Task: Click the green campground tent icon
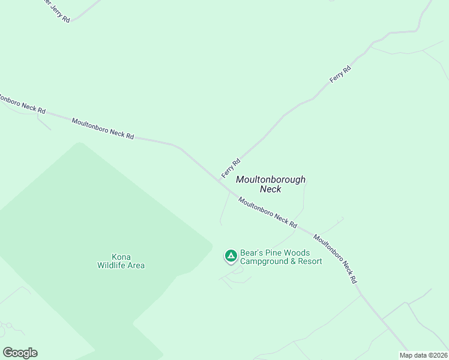point(231,257)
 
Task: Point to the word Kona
point(121,257)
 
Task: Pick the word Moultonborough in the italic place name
point(271,179)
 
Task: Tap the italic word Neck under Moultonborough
point(270,189)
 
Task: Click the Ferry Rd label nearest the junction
point(231,168)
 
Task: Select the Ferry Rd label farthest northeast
point(340,75)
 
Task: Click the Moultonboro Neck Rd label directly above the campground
point(268,212)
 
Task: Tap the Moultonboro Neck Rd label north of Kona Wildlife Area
point(103,128)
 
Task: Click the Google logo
point(20,353)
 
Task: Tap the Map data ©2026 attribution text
point(423,355)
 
